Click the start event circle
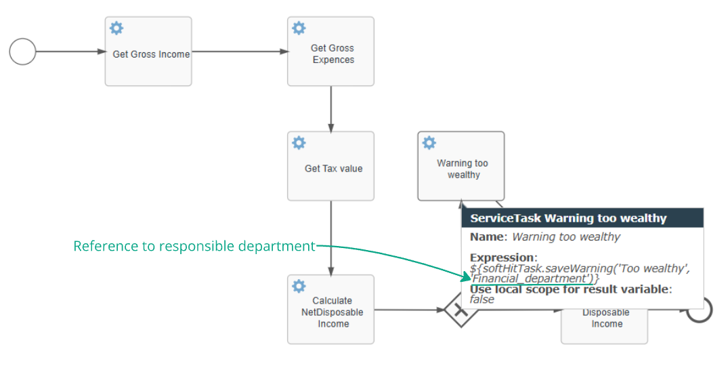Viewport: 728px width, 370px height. (x=22, y=52)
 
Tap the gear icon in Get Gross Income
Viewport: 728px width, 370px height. (x=116, y=28)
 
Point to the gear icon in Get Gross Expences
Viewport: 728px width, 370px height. (x=299, y=28)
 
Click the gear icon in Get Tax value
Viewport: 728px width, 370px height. (x=299, y=142)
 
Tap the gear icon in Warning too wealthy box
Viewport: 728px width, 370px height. (x=429, y=142)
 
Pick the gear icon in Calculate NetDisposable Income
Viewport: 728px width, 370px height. (x=299, y=286)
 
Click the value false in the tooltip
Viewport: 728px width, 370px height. (x=482, y=299)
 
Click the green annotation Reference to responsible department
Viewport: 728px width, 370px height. (x=194, y=246)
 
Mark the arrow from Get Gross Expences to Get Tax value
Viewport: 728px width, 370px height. (x=330, y=108)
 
